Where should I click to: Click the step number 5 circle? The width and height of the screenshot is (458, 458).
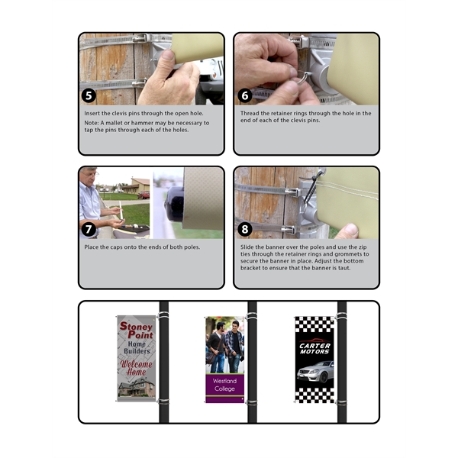(x=89, y=96)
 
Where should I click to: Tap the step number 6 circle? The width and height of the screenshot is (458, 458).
(x=245, y=96)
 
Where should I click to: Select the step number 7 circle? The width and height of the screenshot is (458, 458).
(x=89, y=230)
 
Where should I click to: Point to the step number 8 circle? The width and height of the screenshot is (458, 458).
(x=245, y=230)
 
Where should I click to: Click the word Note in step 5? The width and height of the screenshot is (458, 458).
(x=91, y=123)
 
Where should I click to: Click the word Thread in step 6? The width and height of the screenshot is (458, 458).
(x=249, y=113)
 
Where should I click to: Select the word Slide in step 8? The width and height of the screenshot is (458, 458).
(x=247, y=247)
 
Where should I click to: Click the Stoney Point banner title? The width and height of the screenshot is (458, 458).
(x=137, y=331)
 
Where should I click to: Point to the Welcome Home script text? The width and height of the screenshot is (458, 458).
(x=137, y=367)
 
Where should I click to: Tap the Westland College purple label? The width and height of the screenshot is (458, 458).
(x=224, y=385)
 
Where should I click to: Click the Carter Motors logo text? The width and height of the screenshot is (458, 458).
(x=314, y=349)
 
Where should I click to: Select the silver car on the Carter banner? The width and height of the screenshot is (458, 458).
(x=315, y=372)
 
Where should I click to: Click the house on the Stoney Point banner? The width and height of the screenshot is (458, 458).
(x=137, y=387)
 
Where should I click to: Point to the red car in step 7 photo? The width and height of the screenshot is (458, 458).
(x=144, y=195)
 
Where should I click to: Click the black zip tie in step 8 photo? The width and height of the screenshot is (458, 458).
(x=312, y=186)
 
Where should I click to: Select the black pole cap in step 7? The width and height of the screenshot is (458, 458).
(x=174, y=205)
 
